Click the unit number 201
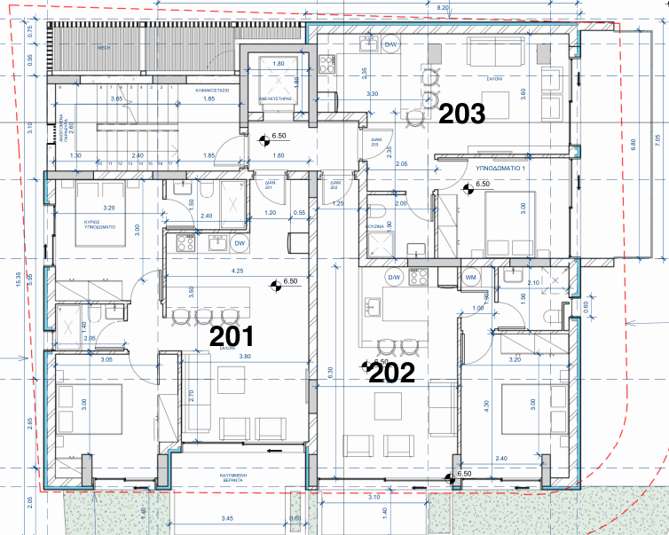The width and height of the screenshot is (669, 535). [x=231, y=336]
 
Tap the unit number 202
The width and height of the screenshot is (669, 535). [x=391, y=374]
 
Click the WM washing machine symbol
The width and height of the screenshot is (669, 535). [x=470, y=277]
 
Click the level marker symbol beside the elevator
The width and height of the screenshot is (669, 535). [x=264, y=138]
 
